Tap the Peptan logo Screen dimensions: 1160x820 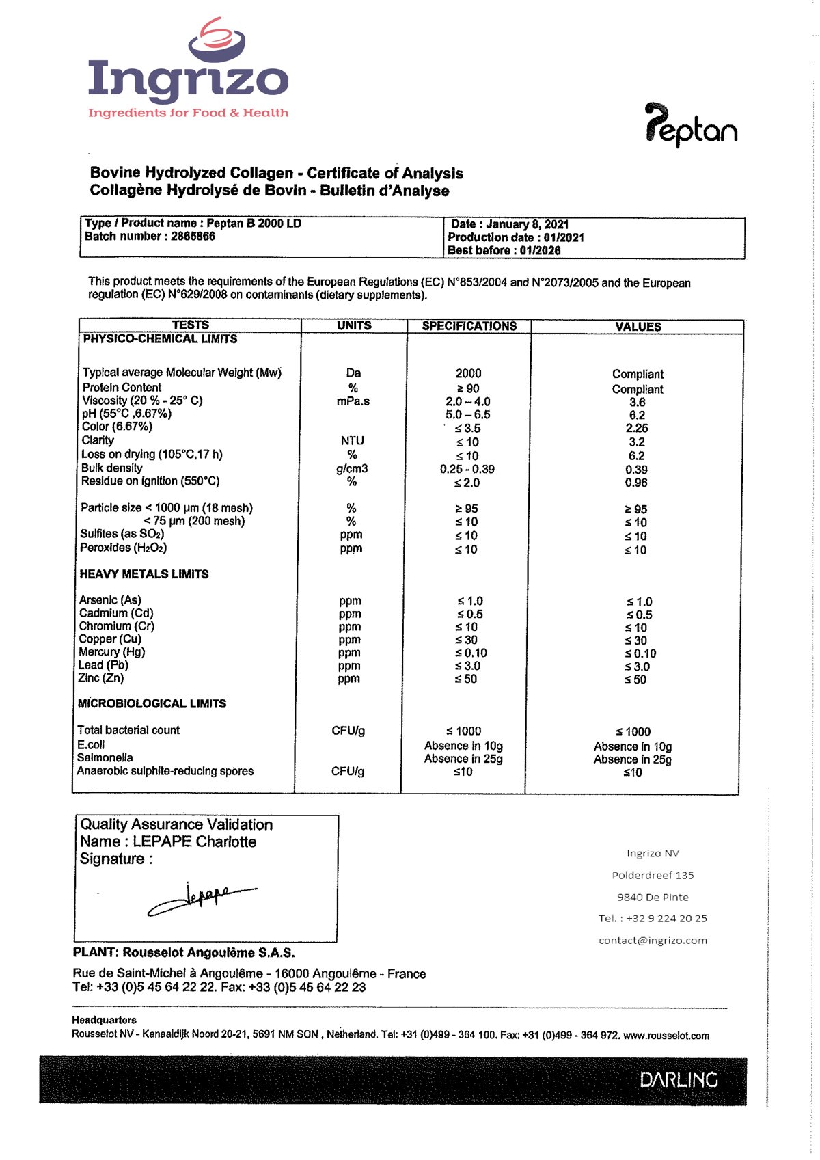tap(691, 125)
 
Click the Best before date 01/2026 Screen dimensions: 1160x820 tap(540, 250)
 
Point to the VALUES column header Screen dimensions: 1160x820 tap(638, 327)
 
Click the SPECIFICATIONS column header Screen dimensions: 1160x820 tap(469, 326)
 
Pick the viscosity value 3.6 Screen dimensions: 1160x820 tap(637, 403)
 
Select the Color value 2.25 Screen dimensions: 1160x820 tap(637, 429)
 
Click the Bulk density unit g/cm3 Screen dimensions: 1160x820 tap(352, 469)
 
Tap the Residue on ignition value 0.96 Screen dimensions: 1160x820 tap(636, 483)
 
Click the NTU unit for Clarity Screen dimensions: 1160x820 tap(353, 441)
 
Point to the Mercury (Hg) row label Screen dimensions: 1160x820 tap(111, 652)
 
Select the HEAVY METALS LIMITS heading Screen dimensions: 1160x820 tap(144, 574)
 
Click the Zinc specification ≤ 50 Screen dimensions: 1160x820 tap(466, 679)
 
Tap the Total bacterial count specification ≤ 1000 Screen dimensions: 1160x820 tap(463, 731)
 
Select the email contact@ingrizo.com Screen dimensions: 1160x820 tap(653, 941)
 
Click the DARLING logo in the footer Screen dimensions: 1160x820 tap(679, 1080)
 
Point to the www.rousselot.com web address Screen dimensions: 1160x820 tap(666, 1036)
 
